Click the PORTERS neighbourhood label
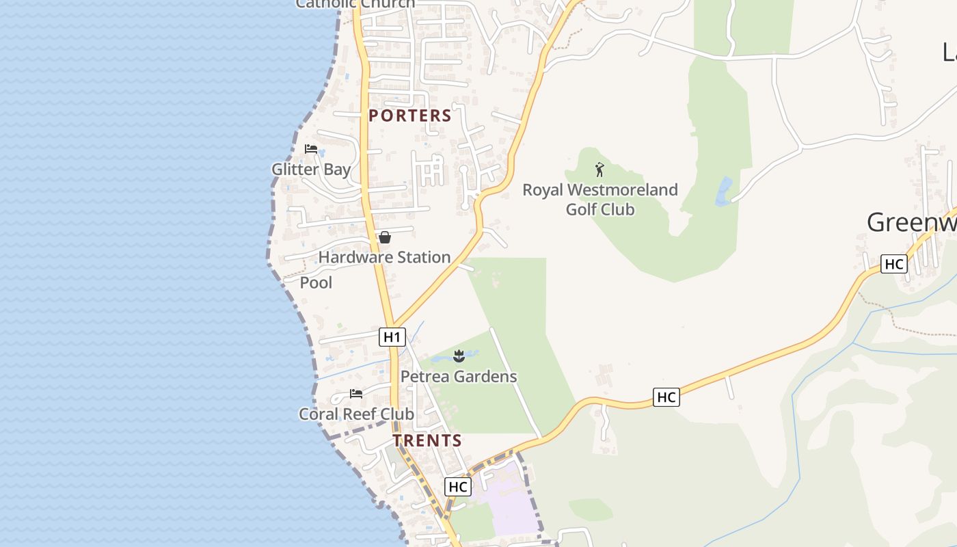point(410,116)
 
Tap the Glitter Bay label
point(311,169)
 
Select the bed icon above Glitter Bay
point(311,149)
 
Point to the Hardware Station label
point(384,257)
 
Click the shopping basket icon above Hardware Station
point(385,237)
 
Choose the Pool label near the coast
point(316,282)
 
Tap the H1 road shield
point(392,336)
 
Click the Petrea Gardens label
point(459,376)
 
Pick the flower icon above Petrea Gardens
point(459,356)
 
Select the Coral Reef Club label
point(356,414)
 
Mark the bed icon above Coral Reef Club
point(356,394)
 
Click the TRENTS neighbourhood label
point(427,441)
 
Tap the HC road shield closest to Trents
point(457,487)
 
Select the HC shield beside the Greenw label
point(894,264)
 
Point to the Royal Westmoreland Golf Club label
point(600,199)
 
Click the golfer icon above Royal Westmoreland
point(599,170)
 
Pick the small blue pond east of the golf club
point(723,191)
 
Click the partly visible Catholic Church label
point(355,4)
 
